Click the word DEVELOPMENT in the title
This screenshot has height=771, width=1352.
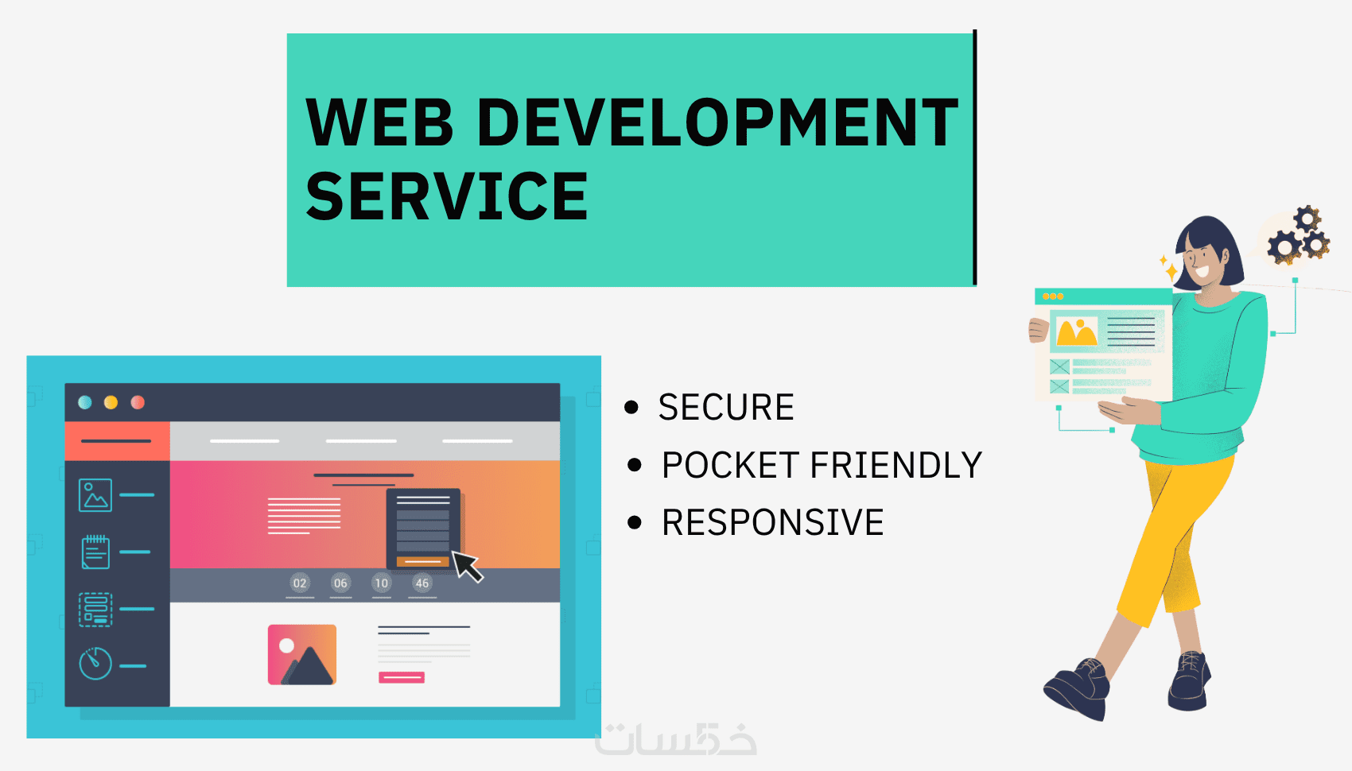click(718, 122)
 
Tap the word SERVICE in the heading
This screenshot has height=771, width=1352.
click(447, 196)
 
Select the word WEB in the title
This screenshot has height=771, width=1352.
click(379, 122)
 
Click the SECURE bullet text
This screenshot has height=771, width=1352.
click(726, 407)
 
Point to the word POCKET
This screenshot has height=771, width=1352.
click(730, 465)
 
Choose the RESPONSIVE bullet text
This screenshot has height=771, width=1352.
click(772, 522)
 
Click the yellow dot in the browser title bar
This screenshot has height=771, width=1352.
click(111, 402)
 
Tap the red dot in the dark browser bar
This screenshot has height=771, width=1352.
click(138, 402)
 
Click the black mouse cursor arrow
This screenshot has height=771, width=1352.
click(467, 567)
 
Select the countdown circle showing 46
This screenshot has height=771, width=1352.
click(422, 583)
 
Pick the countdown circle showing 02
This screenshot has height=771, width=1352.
click(299, 583)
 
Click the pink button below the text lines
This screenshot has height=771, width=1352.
click(402, 677)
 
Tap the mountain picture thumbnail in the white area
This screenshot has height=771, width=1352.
click(301, 655)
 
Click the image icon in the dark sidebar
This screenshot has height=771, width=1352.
click(95, 495)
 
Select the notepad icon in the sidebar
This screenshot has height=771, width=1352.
click(95, 552)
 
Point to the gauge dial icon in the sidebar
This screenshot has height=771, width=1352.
click(95, 664)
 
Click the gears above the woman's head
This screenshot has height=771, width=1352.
click(1298, 235)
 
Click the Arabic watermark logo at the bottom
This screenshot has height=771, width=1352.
click(675, 739)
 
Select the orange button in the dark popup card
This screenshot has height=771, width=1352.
click(422, 562)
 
